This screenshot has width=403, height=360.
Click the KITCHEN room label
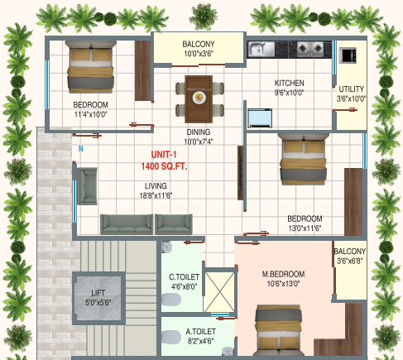pyautogui.click(x=289, y=84)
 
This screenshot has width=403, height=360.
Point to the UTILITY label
pyautogui.click(x=352, y=89)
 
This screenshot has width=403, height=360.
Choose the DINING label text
pyautogui.click(x=197, y=132)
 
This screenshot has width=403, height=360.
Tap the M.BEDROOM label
pyautogui.click(x=284, y=274)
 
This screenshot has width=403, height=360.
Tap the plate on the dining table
pyautogui.click(x=199, y=97)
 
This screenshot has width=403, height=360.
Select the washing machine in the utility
pyautogui.click(x=349, y=55)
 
